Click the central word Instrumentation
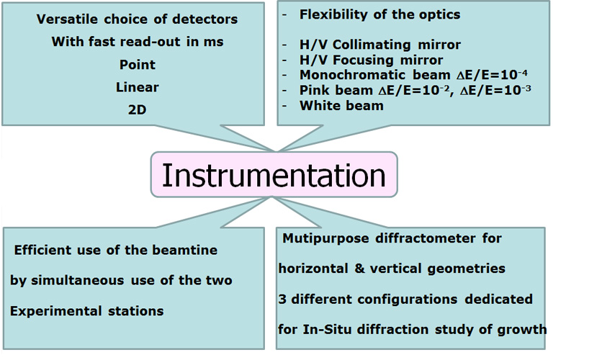point(274,175)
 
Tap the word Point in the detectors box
point(137,65)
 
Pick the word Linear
point(137,87)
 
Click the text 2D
point(137,109)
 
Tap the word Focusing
point(363,60)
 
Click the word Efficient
point(42,251)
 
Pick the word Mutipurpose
point(325,238)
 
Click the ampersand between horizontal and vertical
point(360,269)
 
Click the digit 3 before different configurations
point(282,299)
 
